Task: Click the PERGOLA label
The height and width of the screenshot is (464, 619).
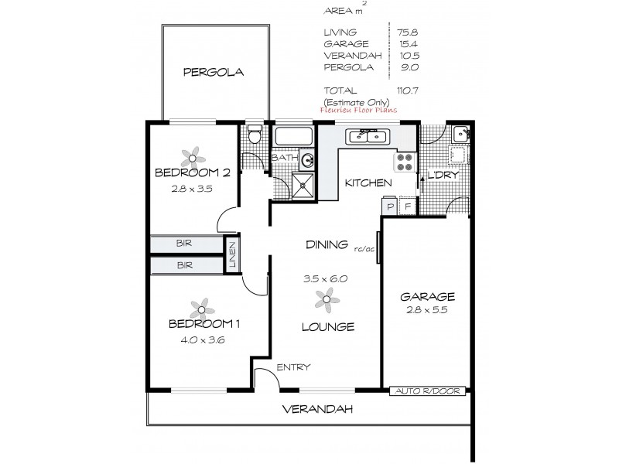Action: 214,73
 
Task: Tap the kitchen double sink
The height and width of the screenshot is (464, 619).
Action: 368,137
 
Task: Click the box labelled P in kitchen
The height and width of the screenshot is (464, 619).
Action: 391,206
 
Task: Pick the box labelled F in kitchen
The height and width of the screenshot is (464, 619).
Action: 408,206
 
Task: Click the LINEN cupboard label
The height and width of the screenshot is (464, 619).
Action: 231,256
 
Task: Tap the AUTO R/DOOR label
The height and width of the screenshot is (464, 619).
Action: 426,392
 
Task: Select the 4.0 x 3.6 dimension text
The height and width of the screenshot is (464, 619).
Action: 203,338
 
